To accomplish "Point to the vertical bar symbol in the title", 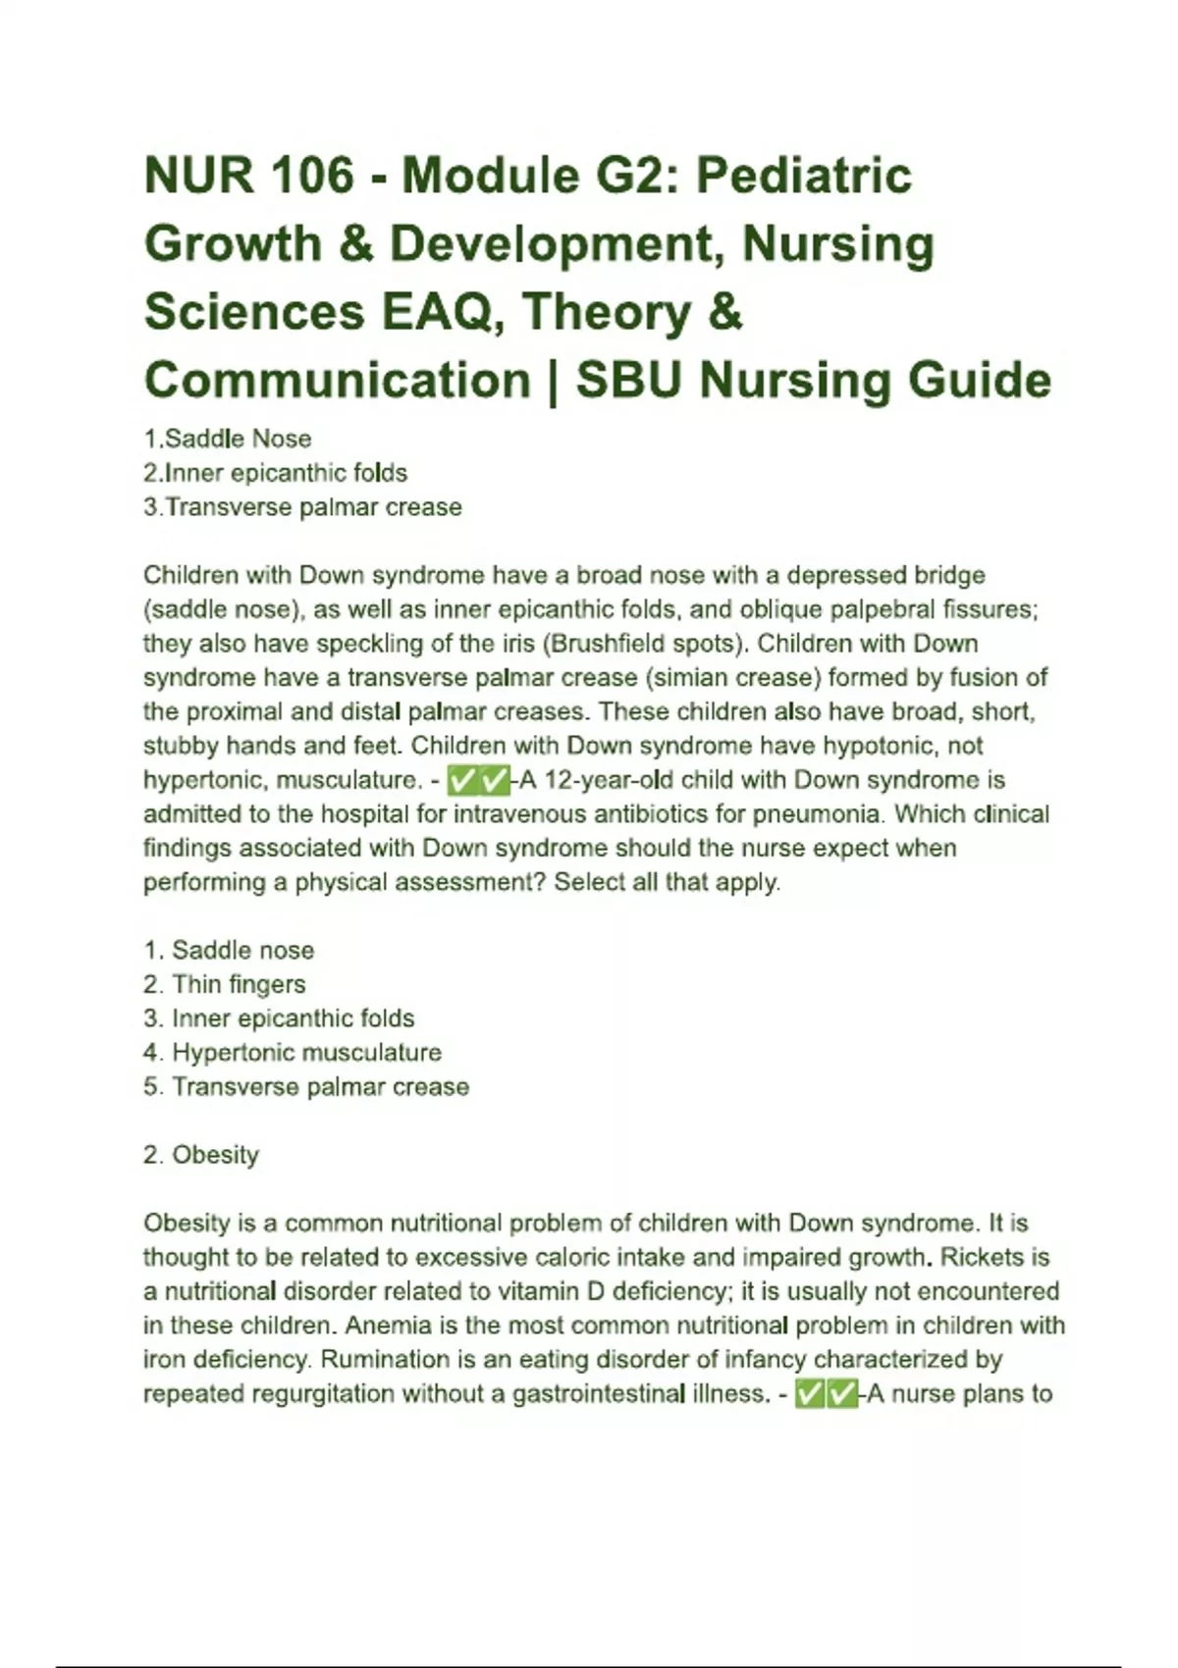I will click(x=553, y=380).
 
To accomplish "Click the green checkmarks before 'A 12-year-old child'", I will click(x=478, y=781).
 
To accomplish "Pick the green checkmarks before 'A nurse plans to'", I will click(x=826, y=1394).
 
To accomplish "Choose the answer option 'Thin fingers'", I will click(x=238, y=984).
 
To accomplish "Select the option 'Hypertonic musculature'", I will click(x=305, y=1053).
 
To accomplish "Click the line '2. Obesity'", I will click(x=201, y=1155).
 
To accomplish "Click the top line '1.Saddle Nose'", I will click(x=228, y=439).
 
